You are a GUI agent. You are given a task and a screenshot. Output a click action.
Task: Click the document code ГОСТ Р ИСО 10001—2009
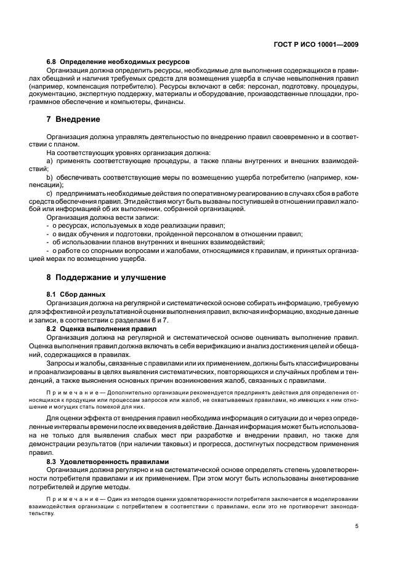[316, 44]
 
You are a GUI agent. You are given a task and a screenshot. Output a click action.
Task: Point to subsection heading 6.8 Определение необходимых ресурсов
[118, 62]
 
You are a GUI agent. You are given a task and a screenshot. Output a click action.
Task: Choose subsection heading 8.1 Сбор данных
[76, 294]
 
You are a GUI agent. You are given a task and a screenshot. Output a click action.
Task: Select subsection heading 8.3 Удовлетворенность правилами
[109, 460]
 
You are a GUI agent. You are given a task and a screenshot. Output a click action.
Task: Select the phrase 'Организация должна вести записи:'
[103, 217]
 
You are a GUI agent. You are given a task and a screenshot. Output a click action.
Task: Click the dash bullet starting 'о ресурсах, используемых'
[48, 226]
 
